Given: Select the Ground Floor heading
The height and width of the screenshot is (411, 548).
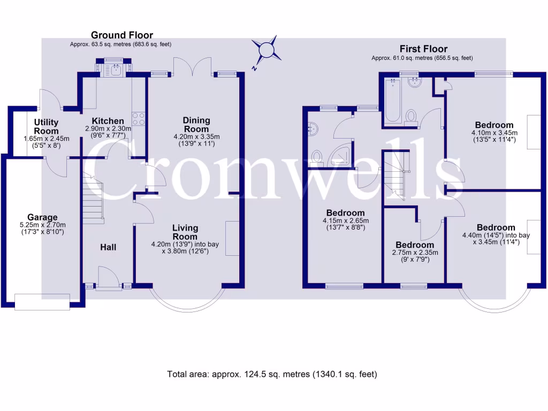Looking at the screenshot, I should [121, 35].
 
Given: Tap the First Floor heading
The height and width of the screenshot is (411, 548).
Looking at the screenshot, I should [423, 49].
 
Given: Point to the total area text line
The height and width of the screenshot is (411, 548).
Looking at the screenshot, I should [272, 374].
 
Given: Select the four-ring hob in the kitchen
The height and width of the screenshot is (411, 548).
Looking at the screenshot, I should [139, 118].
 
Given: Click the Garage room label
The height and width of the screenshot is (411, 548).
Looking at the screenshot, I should [42, 217].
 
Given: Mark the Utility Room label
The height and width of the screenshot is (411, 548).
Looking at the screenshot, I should [46, 127].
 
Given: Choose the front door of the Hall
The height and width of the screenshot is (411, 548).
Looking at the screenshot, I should [109, 278].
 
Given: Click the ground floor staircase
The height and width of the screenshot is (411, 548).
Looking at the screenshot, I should [93, 202].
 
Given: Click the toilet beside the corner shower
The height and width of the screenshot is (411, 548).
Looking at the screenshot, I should [316, 157].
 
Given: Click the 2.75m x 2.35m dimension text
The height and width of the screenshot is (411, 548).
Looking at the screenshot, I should [415, 253].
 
